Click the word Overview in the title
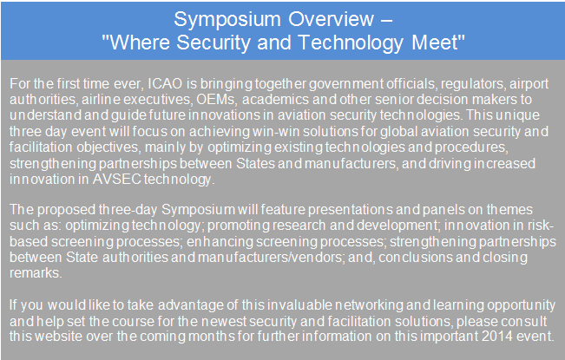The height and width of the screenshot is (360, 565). tap(332, 19)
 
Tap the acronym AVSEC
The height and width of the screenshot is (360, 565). tap(117, 179)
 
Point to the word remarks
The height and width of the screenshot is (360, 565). tap(36, 273)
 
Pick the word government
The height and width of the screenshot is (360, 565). tap(346, 84)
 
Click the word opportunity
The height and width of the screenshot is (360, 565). tap(521, 305)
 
